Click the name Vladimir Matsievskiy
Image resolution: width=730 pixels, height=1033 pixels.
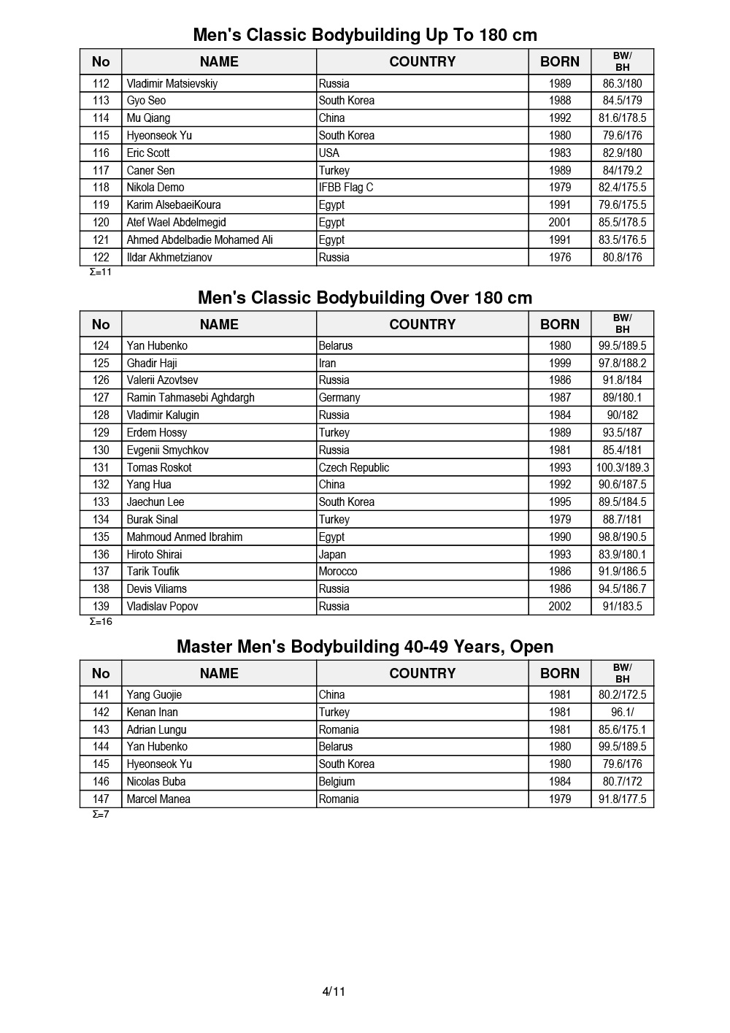coord(172,83)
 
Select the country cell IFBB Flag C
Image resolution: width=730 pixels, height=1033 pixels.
coord(345,188)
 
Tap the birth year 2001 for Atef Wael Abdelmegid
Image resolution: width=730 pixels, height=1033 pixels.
coord(560,223)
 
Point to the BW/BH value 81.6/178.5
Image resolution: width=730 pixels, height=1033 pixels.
coord(622,118)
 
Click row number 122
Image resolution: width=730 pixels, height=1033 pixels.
coord(101,257)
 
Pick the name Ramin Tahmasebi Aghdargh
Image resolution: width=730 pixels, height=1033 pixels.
coord(191,398)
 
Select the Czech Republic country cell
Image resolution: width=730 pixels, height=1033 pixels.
coord(353,467)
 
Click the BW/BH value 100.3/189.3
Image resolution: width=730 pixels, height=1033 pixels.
coord(622,467)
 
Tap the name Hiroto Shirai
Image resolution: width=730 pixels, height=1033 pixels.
coord(154,554)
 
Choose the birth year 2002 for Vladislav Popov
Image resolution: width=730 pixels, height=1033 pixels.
coord(560,606)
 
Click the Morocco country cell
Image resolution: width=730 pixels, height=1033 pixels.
coord(337,572)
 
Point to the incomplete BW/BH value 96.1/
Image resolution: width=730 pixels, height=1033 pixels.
coord(622,712)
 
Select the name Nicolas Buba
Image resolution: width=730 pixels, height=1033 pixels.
coord(156,781)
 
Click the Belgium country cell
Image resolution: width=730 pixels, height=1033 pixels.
coord(337,781)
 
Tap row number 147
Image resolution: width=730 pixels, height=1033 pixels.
coord(101,799)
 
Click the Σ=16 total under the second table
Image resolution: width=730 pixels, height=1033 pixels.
coord(101,622)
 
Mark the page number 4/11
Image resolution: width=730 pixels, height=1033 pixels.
coord(334,991)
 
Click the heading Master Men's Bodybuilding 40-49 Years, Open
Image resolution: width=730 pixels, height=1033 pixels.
coord(365,647)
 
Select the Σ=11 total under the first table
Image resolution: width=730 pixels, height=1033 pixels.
coord(101,272)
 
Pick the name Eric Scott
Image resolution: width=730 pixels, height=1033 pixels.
coord(147,153)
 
